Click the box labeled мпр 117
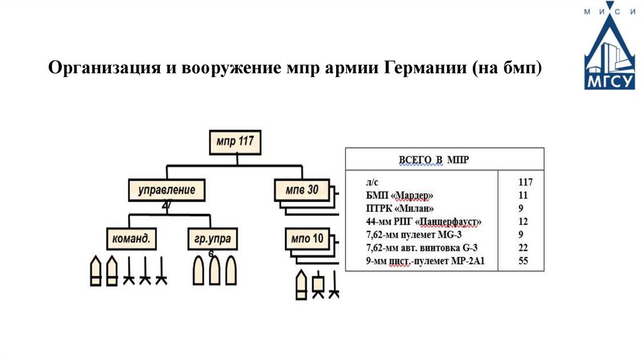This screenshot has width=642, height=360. (235, 142)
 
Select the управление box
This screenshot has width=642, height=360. (167, 190)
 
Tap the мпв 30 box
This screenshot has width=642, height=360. (302, 189)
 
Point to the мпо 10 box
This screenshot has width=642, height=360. (308, 238)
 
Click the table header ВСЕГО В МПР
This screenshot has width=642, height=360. (434, 160)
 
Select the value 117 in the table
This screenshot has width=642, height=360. (525, 183)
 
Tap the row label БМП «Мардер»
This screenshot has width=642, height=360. (399, 196)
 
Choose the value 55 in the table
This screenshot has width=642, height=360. (523, 261)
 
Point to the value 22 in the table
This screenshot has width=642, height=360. (523, 248)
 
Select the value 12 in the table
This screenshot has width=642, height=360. (523, 222)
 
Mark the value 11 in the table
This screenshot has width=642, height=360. (523, 196)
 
